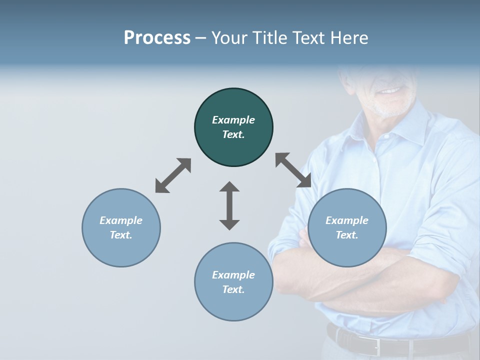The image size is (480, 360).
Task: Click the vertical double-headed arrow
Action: pos(229,205)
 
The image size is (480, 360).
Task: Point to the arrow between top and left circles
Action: pos(173,175)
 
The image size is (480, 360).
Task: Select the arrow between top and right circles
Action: pos(293,170)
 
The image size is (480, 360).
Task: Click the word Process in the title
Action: pos(157,38)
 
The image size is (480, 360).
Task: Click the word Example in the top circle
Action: pos(233,120)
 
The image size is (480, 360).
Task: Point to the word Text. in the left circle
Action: pos(121,235)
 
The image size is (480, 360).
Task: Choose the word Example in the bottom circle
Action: pos(233,275)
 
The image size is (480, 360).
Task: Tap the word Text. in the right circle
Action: pos(347,235)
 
